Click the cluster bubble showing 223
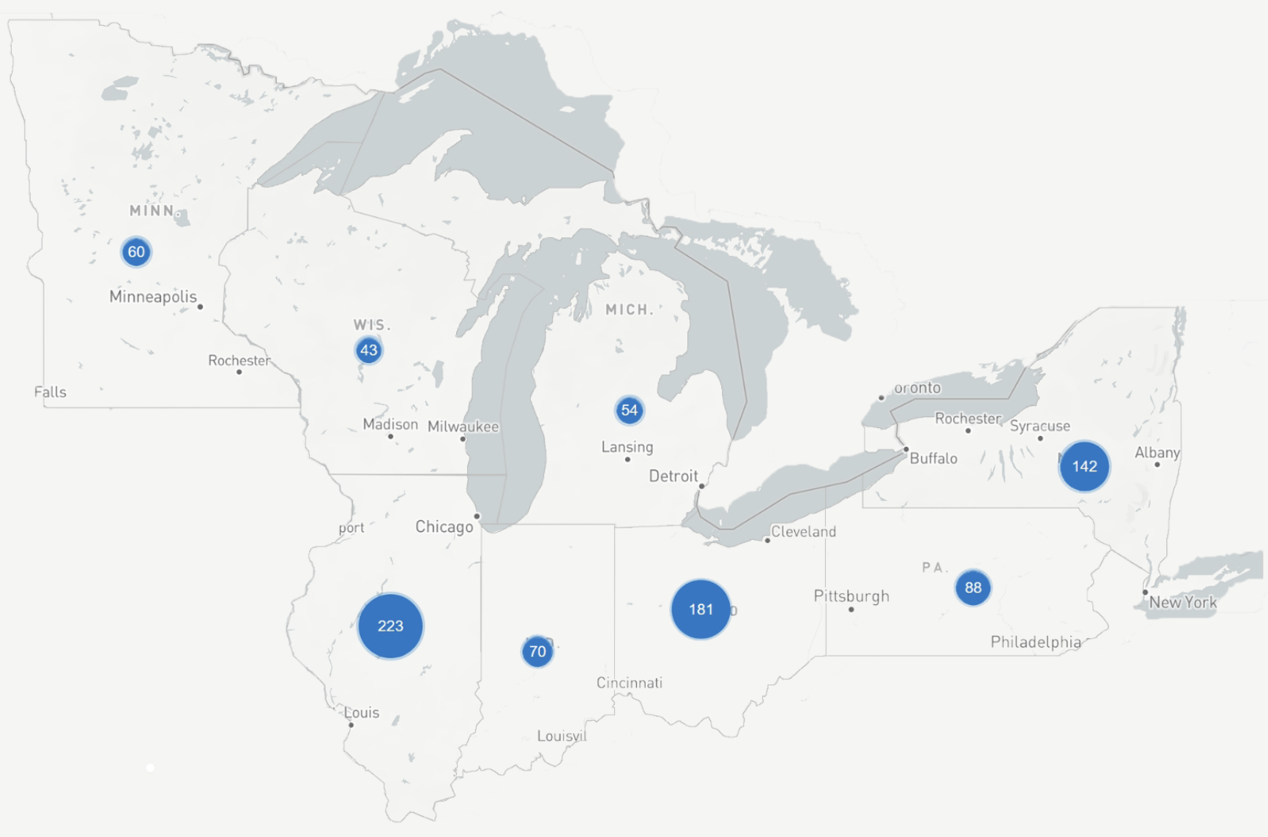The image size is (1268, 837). click(390, 626)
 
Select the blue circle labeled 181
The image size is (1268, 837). click(701, 609)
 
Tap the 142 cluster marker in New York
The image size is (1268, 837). click(1084, 466)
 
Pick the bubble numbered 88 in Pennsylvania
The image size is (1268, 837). click(973, 588)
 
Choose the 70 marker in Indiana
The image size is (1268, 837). click(537, 651)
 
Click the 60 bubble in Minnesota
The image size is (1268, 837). click(136, 252)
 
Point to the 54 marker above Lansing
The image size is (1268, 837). click(629, 410)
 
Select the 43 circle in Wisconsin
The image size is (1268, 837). click(368, 350)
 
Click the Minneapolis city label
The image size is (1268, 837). click(153, 296)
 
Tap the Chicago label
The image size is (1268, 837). click(444, 527)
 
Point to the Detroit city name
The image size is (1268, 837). click(673, 476)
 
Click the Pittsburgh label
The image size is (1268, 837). click(851, 596)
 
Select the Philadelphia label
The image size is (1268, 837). click(1035, 642)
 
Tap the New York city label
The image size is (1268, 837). click(1182, 602)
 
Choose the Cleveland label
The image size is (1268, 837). click(803, 531)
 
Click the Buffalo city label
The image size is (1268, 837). click(933, 459)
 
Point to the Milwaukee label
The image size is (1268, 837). click(463, 427)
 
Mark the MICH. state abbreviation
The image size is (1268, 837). click(629, 309)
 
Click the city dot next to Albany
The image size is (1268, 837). click(1157, 465)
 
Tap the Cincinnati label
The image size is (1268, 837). click(629, 683)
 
